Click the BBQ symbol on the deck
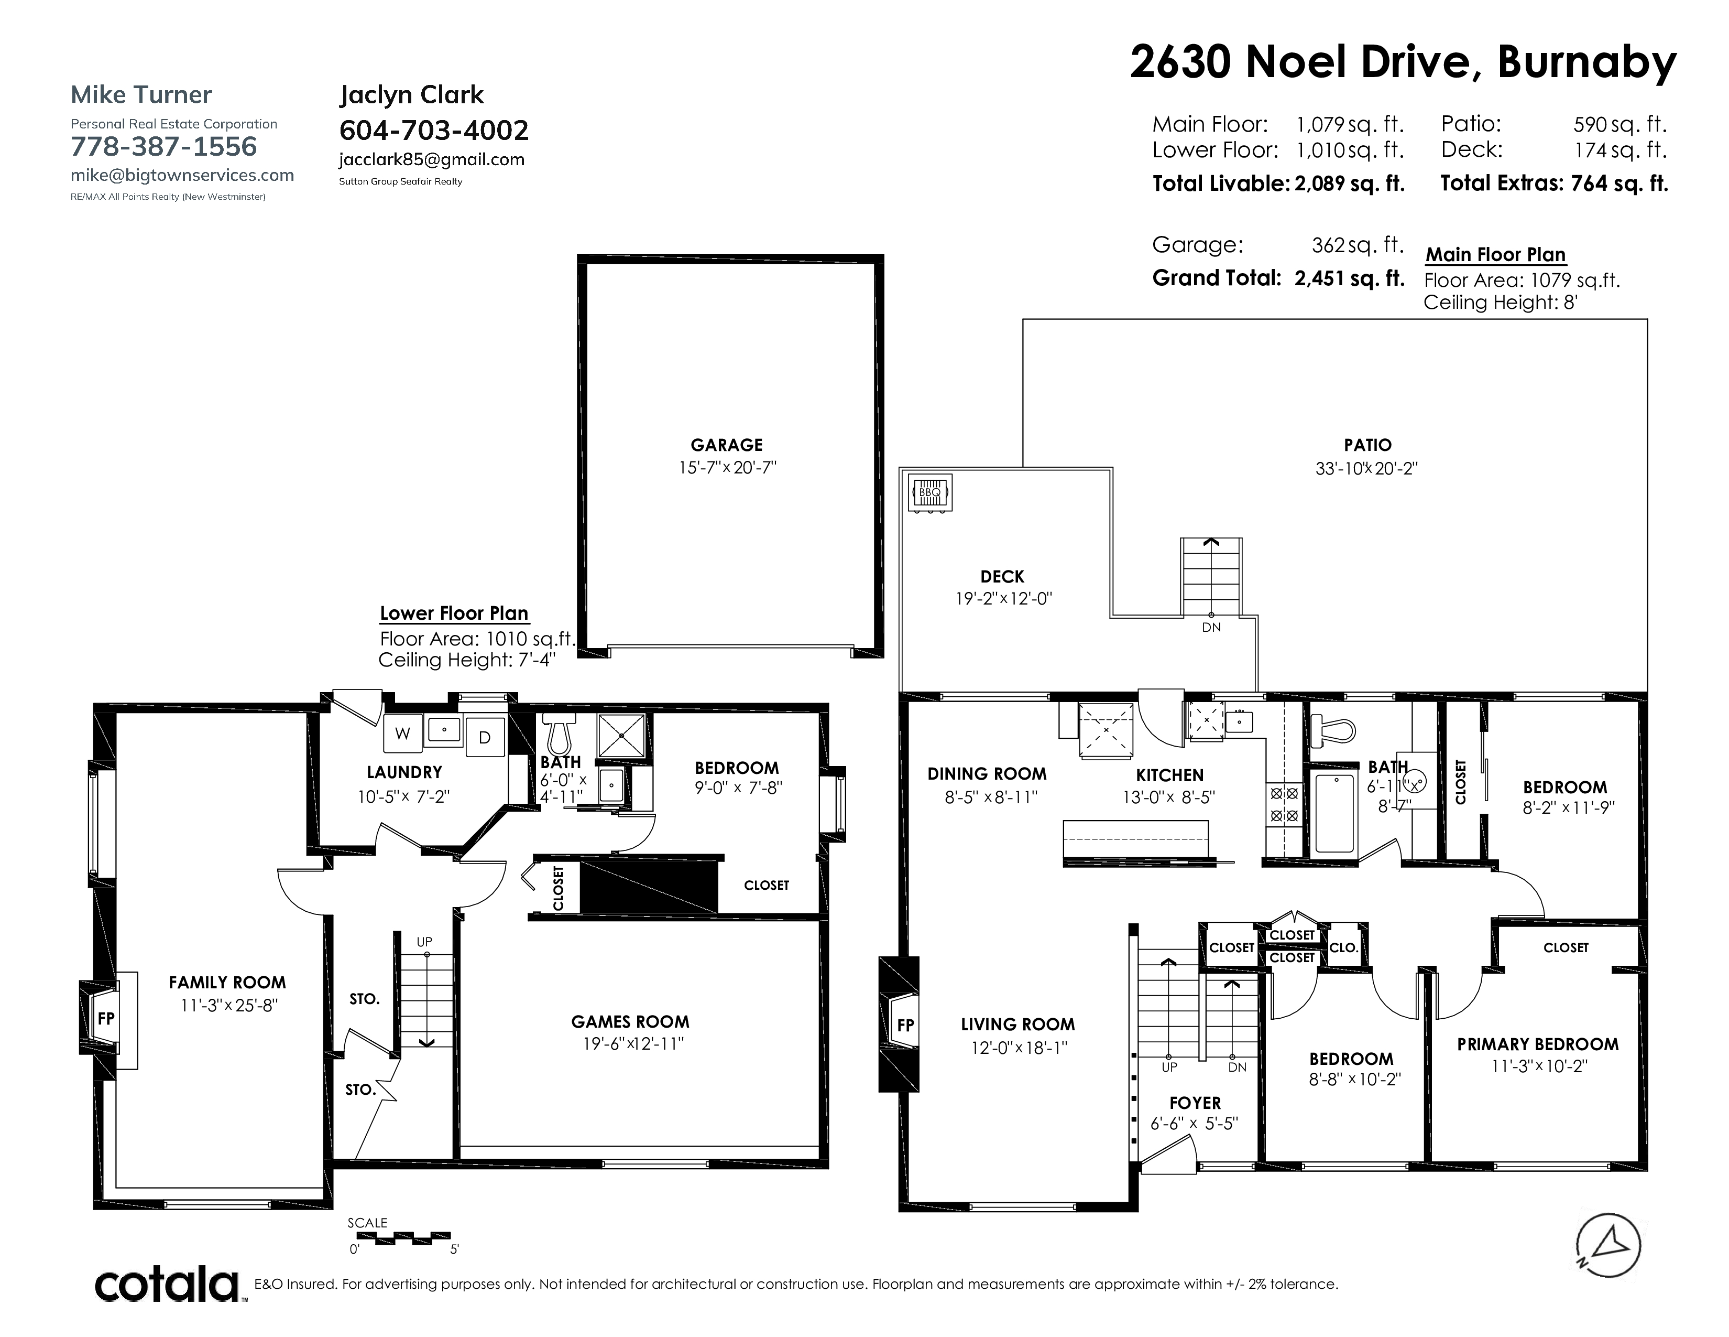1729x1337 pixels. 929,493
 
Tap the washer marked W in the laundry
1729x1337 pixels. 403,734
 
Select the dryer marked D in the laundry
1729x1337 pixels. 485,737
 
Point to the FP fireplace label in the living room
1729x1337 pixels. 906,1025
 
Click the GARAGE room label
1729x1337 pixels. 726,445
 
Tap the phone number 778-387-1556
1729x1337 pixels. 164,146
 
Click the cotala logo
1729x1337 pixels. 167,1284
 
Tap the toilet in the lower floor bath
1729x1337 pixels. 559,734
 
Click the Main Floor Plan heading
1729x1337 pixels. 1495,255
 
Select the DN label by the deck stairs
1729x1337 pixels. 1211,627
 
